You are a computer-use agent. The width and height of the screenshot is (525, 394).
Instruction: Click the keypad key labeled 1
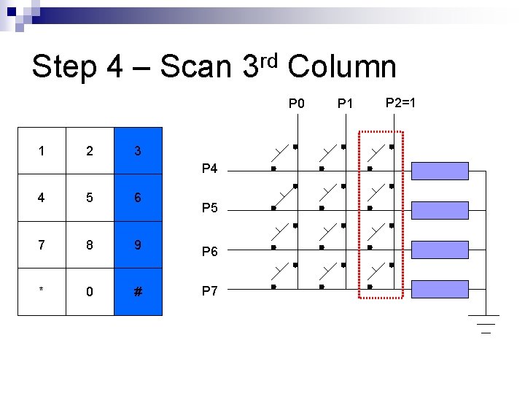tap(42, 151)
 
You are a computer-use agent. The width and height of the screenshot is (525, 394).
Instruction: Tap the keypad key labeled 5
tap(90, 198)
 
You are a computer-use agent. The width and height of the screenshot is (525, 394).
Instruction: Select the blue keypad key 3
tap(138, 151)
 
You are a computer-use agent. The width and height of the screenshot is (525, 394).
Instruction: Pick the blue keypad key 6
tap(138, 198)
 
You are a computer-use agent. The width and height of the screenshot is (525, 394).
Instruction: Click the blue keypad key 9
tap(138, 245)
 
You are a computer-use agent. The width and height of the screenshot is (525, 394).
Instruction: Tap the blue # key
tap(138, 292)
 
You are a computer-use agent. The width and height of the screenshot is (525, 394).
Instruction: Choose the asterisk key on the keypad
tap(42, 292)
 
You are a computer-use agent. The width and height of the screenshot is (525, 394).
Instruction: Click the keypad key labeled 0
tap(90, 292)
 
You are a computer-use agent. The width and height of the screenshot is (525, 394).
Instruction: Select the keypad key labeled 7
tap(42, 245)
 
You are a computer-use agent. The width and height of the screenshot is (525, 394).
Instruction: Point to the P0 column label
tap(297, 103)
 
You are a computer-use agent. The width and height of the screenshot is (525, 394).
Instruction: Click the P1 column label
tap(345, 103)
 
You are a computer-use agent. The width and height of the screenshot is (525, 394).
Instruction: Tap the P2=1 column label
tap(400, 101)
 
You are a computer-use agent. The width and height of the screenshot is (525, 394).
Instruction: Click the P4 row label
tap(209, 169)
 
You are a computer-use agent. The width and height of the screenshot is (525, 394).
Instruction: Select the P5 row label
tap(209, 209)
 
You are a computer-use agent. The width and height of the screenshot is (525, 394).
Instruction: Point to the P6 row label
tap(209, 252)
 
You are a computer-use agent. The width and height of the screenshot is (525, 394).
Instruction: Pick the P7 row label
tap(209, 291)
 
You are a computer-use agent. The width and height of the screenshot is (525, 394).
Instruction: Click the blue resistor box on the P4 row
tap(440, 171)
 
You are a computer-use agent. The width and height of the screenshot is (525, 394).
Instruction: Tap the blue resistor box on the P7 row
tap(440, 289)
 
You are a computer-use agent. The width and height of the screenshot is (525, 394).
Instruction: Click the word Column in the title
tap(342, 67)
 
